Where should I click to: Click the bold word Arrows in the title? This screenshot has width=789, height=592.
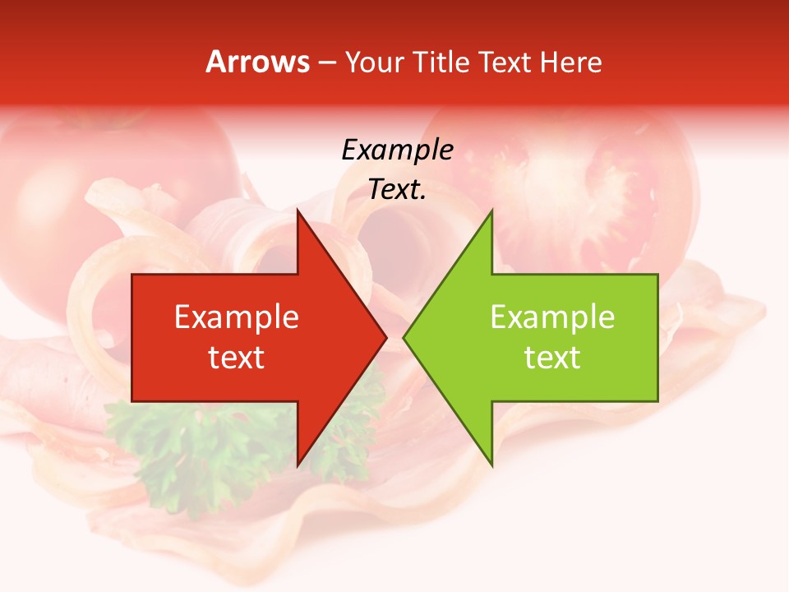[x=258, y=62]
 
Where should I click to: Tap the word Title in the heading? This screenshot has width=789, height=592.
[x=445, y=62]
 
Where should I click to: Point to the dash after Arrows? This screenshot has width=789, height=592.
[x=326, y=63]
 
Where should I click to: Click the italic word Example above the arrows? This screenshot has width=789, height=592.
[x=397, y=150]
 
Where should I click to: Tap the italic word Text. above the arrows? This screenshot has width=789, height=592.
[x=397, y=189]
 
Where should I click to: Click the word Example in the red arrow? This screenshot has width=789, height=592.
[x=237, y=317]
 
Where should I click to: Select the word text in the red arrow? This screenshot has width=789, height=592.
[x=237, y=358]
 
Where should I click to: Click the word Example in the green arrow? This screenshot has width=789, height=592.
[x=552, y=317]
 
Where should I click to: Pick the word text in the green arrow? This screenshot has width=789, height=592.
[x=552, y=358]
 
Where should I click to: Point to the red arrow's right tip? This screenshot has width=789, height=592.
[x=385, y=337]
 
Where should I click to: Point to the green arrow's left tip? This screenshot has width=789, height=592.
[x=404, y=337]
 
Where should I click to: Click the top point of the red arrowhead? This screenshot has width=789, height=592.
[x=298, y=211]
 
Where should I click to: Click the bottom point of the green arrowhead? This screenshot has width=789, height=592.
[x=491, y=465]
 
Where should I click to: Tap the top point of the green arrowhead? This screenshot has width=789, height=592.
[x=491, y=211]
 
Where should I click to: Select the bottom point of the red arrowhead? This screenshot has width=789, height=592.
[x=298, y=465]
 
